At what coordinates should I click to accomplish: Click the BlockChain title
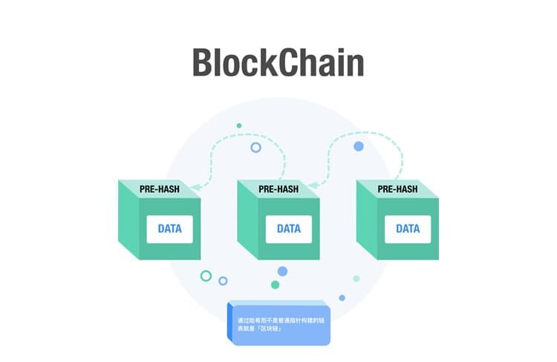coord(278,62)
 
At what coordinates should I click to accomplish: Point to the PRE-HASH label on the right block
coord(397,189)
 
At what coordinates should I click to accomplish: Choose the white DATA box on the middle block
coord(289,229)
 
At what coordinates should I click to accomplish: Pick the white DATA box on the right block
coord(408,229)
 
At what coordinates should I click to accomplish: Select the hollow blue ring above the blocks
coord(255,148)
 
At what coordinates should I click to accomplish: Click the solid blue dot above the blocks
coord(359,146)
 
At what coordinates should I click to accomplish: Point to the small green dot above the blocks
coord(239,125)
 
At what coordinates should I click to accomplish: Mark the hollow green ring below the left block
coord(206,276)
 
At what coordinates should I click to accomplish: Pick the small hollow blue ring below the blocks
coord(223,280)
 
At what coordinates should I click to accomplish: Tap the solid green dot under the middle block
coord(276,285)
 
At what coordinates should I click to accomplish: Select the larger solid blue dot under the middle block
coord(282,271)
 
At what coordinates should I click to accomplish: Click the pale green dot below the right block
coord(356,278)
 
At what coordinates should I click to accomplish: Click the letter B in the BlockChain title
coord(203,62)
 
